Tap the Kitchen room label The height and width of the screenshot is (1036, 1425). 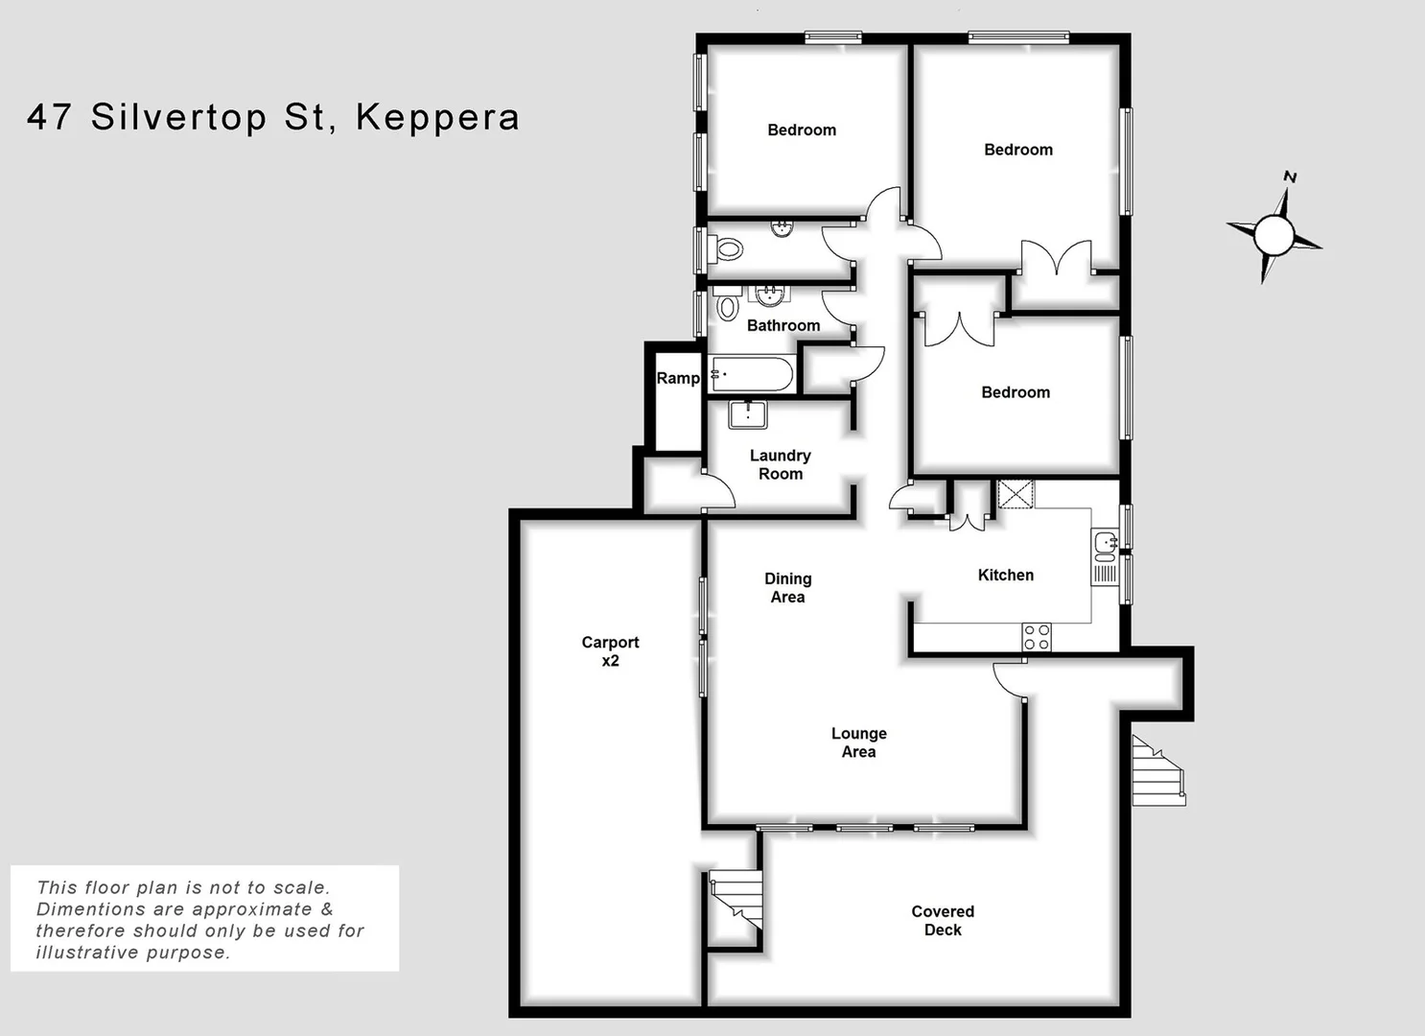coord(1005,576)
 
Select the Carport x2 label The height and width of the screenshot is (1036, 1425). coord(610,651)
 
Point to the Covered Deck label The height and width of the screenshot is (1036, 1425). coord(942,921)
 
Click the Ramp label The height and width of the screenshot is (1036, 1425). coord(677,379)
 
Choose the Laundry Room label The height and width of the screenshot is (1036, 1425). coord(780,464)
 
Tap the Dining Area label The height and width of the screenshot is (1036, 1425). coord(787,588)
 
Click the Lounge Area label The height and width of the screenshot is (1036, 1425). coord(858,742)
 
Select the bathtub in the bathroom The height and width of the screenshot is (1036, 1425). coord(752,374)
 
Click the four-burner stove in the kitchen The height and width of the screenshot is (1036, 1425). coord(1036,636)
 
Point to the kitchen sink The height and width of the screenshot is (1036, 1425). coord(1105,545)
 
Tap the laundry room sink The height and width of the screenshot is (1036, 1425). coord(747,414)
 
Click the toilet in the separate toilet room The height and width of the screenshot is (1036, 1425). coord(729,249)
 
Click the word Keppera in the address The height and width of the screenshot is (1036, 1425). coord(437,118)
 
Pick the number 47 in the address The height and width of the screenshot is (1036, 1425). coord(50,117)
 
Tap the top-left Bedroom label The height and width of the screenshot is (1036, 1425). coord(801,130)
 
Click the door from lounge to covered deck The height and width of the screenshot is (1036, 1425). coord(1009,679)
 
